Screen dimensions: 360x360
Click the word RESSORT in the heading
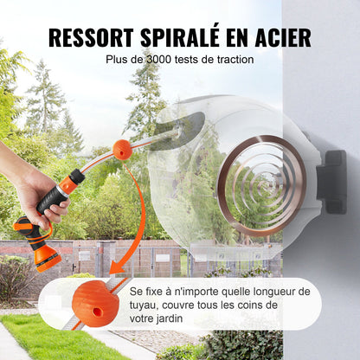tap(91, 38)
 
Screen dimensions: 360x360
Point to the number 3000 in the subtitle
tap(155, 60)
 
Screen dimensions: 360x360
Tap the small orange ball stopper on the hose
tap(123, 150)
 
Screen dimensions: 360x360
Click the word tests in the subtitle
tap(190, 60)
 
